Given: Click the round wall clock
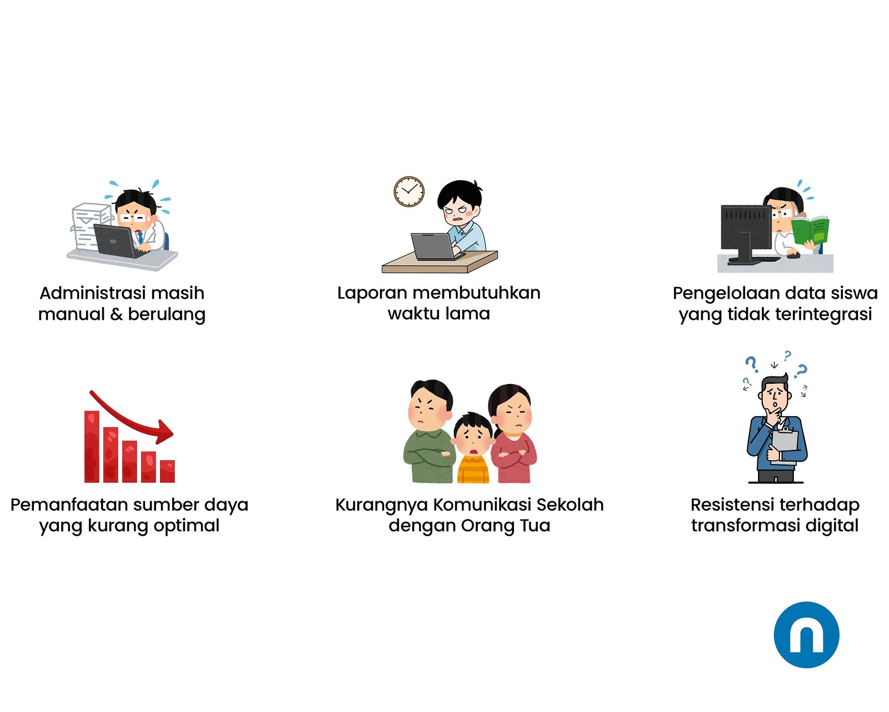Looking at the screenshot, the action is click(408, 191).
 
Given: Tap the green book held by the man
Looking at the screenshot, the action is click(810, 230).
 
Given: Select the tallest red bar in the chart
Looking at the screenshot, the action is click(92, 447).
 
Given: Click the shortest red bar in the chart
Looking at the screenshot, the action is click(167, 471).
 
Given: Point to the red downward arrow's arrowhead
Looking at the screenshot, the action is click(164, 432).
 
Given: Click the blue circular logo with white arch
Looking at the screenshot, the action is click(806, 635).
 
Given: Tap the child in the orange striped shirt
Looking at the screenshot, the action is click(473, 448).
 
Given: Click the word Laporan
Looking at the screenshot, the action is click(372, 293).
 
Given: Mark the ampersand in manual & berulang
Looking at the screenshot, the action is click(117, 314).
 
